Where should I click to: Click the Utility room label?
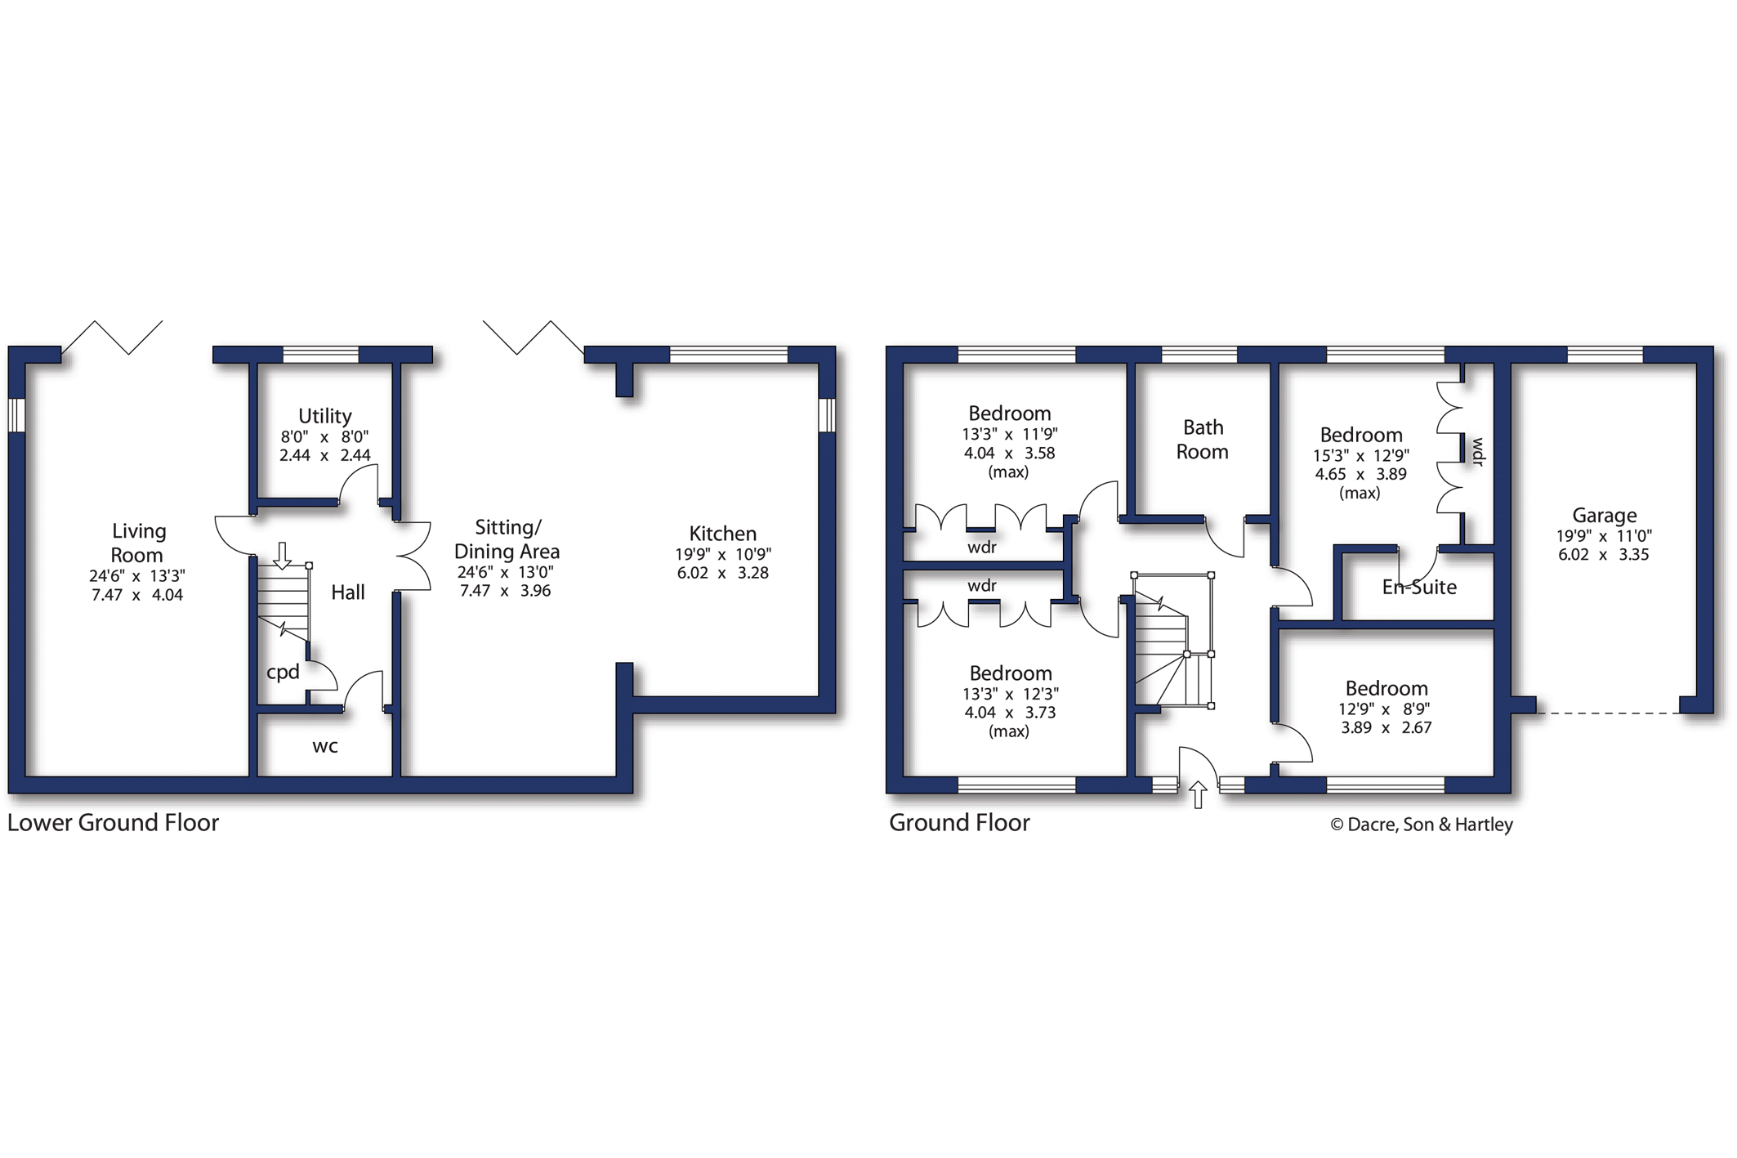(324, 416)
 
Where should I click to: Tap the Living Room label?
(138, 543)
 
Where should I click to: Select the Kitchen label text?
(723, 534)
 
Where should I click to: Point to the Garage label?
(1605, 516)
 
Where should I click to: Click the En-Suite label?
(1419, 587)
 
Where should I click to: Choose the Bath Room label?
(1203, 440)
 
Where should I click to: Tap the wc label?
(325, 746)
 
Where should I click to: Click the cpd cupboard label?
(284, 673)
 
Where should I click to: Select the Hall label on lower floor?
(348, 592)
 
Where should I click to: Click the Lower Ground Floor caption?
(114, 823)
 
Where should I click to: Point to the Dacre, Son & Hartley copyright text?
(1422, 825)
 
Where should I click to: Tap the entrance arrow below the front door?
(1198, 795)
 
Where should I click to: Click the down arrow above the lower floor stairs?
(282, 555)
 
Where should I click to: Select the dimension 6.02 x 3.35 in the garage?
(1605, 555)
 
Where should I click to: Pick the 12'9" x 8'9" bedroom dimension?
(1386, 709)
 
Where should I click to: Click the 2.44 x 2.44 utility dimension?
(324, 455)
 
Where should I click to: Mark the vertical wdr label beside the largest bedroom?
(1478, 452)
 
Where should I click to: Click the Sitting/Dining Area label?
(507, 539)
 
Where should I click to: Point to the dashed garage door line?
(1607, 713)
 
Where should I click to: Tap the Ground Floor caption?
(959, 823)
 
